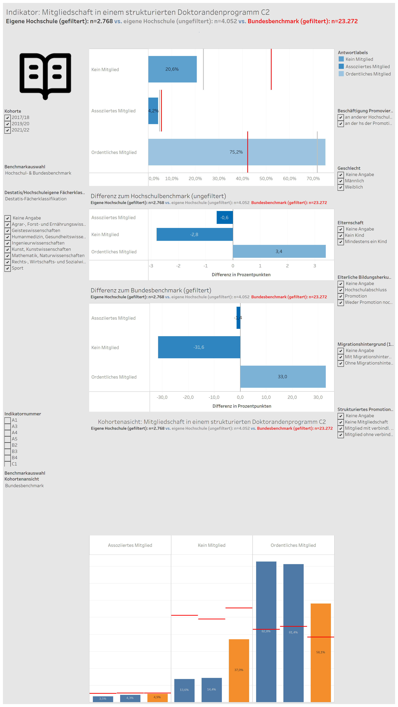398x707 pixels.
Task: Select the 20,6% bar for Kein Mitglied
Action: coord(172,69)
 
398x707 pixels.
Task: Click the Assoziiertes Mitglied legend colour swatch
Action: coord(341,66)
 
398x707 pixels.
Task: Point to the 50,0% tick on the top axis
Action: coord(266,179)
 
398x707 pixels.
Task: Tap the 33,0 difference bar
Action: coord(283,377)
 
